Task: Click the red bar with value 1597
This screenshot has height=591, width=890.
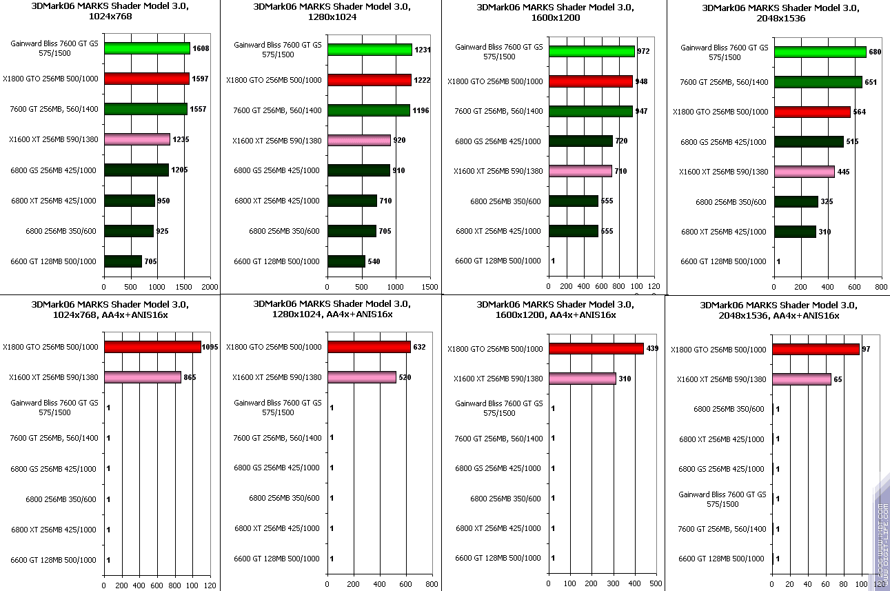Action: coord(146,79)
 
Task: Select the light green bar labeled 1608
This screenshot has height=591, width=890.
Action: coord(147,48)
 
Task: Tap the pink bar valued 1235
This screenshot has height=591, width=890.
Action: coord(136,139)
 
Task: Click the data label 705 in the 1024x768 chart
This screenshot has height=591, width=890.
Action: coord(149,261)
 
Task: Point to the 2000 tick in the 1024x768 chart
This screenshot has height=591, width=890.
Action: coord(210,286)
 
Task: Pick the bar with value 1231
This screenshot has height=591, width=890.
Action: coord(370,50)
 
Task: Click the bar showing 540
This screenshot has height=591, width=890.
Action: coord(346,261)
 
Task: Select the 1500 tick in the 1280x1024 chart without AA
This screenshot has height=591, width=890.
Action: coord(429,286)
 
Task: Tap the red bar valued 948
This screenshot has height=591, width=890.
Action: coord(591,81)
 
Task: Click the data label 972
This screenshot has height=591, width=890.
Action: coord(643,52)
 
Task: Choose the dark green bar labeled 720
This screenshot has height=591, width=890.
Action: coord(580,141)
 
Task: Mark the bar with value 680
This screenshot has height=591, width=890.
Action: coord(820,52)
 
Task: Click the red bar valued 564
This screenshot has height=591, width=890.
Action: coord(812,112)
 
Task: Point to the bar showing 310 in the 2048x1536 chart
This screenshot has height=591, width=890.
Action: coord(795,232)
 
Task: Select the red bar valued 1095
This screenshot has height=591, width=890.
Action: coord(152,347)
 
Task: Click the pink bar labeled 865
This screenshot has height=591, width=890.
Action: coord(142,377)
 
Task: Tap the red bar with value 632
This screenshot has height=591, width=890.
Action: coord(369,347)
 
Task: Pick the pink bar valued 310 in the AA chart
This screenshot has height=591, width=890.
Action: coord(583,379)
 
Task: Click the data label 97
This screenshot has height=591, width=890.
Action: coord(866,350)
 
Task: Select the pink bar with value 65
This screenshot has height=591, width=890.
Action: coord(802,379)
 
